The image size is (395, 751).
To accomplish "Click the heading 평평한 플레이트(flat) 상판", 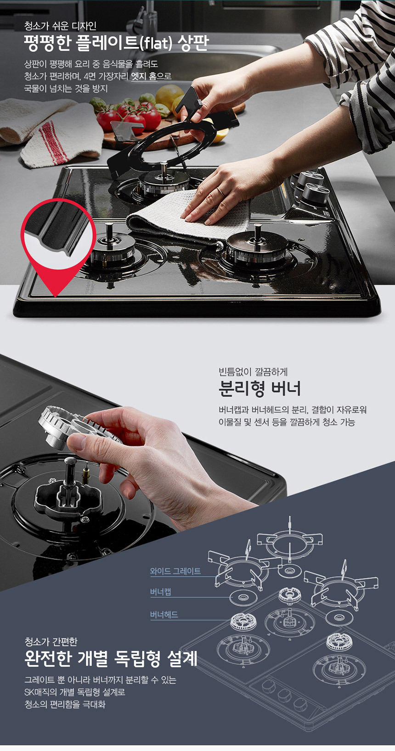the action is coord(116,43).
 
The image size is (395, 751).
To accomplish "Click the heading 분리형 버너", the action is coord(260,389).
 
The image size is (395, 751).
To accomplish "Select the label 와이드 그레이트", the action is coord(175,571).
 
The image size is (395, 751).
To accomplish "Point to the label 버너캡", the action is coord(160,592).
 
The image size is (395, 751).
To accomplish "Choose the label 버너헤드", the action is coord(164,615).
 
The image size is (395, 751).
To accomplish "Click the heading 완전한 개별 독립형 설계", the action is coord(110,659).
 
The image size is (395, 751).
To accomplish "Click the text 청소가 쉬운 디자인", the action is coord(61,26).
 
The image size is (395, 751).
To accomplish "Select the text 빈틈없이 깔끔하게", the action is coord(253,372).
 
